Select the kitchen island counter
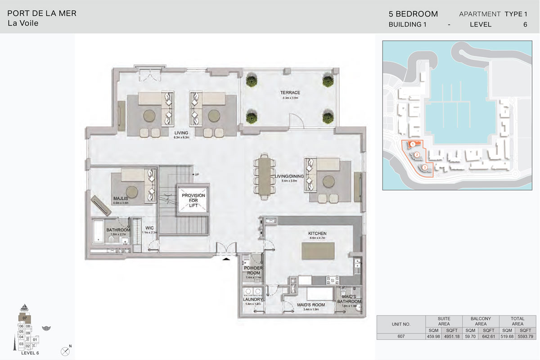pyautogui.click(x=317, y=250)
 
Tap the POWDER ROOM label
pyautogui.click(x=253, y=270)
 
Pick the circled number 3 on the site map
pyautogui.click(x=424, y=167)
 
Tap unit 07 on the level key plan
pyautogui.click(x=25, y=318)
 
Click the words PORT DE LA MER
pyautogui.click(x=42, y=13)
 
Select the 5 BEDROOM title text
pyautogui.click(x=413, y=14)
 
